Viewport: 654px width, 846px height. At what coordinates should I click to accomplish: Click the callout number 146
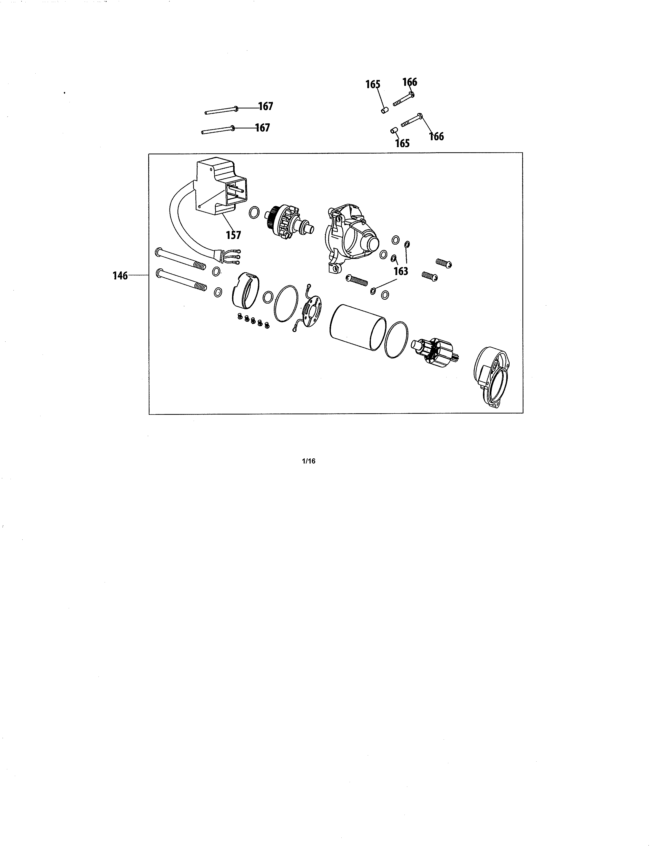pos(120,276)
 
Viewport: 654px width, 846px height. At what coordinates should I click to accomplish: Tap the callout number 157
pos(233,235)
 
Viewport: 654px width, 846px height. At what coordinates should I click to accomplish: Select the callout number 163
pos(401,271)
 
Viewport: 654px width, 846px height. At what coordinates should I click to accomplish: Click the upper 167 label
pos(266,106)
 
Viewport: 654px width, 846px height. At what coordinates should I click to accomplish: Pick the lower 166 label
pos(437,136)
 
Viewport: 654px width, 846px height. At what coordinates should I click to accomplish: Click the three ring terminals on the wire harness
pos(237,256)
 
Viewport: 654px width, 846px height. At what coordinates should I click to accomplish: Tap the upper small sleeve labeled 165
pos(384,110)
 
